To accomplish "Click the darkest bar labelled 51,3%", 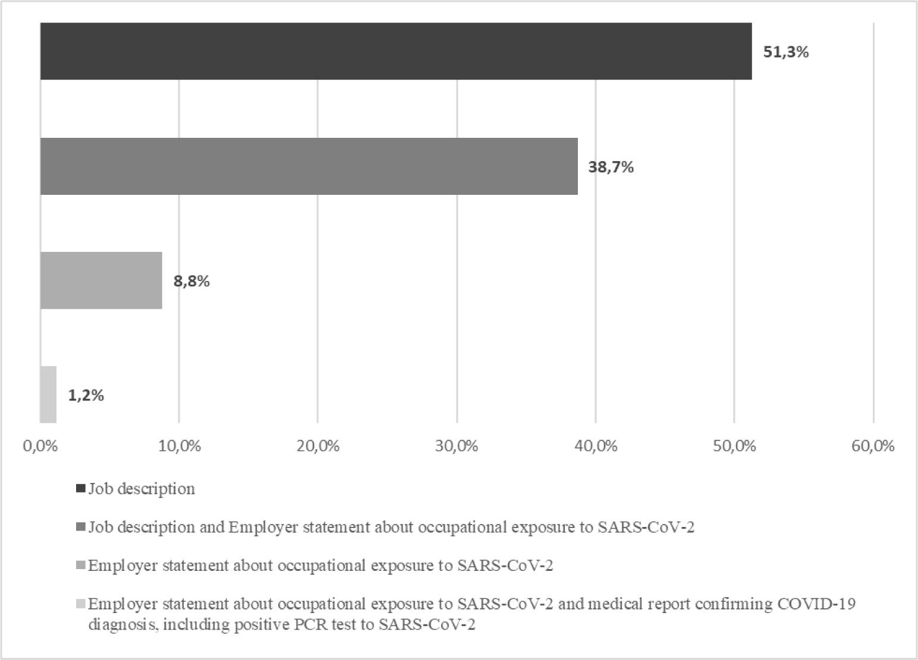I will pos(396,51).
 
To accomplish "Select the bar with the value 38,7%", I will pos(309,166).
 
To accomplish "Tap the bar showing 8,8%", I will pos(101,280).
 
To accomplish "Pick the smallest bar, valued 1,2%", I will pos(48,394).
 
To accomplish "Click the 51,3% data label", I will pos(786,52).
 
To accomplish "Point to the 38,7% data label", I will pos(611,168).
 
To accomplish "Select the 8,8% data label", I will pos(191,282).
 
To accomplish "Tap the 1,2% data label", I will pos(86,396).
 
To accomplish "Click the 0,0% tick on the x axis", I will pos(40,446).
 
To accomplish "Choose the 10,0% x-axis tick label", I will pos(179,446).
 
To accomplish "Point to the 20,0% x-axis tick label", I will pos(318,446).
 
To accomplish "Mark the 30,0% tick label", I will pos(457,446).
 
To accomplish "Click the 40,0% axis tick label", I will pos(596,446).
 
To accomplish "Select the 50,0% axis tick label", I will pos(734,446).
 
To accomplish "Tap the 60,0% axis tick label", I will pos(873,446).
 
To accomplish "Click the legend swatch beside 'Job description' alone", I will pos(81,489).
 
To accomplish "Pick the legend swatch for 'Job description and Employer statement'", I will pos(81,527).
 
